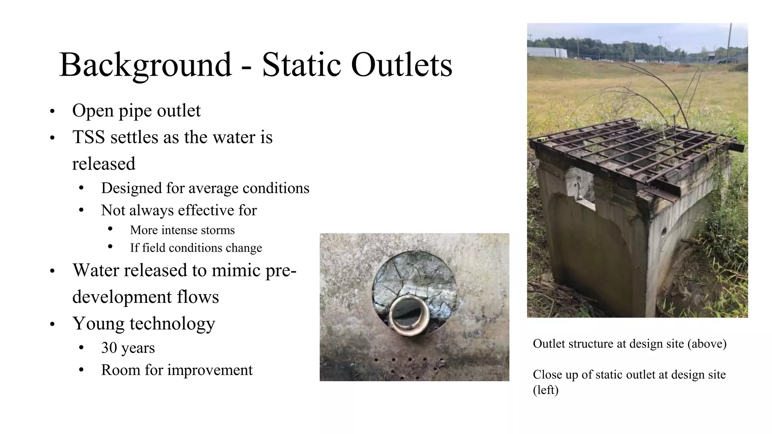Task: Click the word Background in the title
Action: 146,65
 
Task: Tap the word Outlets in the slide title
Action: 401,65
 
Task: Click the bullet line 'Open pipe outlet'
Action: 136,111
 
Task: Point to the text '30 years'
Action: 128,348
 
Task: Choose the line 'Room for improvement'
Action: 176,370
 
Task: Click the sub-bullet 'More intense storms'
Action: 182,230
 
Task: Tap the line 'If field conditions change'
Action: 196,248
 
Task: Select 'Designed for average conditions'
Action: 205,188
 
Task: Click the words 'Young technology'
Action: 144,323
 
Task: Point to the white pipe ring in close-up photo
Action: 409,315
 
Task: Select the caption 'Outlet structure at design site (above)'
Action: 630,344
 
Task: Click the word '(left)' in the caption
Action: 545,390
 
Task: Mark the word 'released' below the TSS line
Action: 104,164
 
